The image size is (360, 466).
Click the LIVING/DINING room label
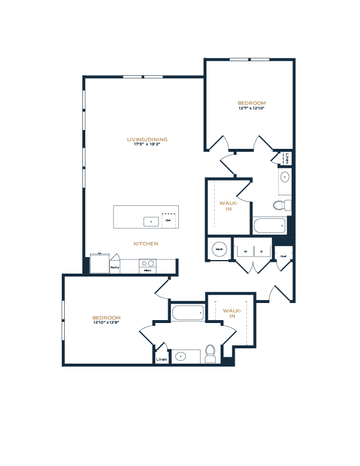pyautogui.click(x=147, y=139)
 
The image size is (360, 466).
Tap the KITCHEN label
pyautogui.click(x=145, y=244)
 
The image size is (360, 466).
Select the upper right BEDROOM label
pyautogui.click(x=251, y=103)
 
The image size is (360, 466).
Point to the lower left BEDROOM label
pyautogui.click(x=106, y=318)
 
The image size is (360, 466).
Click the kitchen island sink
pyautogui.click(x=151, y=221)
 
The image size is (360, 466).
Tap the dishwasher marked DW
pyautogui.click(x=168, y=221)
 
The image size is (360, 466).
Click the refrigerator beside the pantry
pyautogui.click(x=99, y=263)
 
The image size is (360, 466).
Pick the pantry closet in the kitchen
pyautogui.click(x=114, y=265)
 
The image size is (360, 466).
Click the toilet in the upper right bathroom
pyautogui.click(x=282, y=205)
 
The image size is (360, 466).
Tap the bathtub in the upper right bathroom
pyautogui.click(x=269, y=225)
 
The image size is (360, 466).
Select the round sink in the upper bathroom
pyautogui.click(x=285, y=177)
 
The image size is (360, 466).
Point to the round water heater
pyautogui.click(x=219, y=249)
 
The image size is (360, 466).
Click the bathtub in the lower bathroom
pyautogui.click(x=188, y=312)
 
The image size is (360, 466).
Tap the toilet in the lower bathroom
pyautogui.click(x=210, y=354)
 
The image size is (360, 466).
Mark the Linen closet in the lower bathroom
pyautogui.click(x=161, y=358)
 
